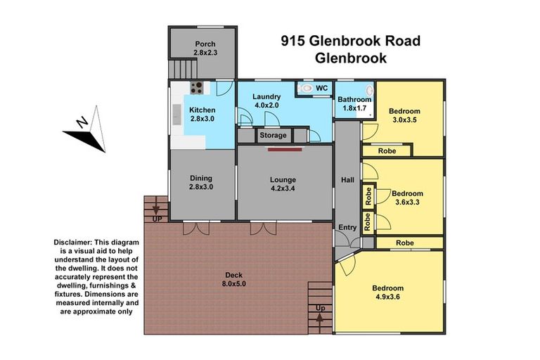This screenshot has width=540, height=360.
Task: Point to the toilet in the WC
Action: coord(307,89)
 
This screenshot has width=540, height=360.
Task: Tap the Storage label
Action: coord(273,135)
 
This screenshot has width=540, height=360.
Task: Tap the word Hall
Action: coord(347,180)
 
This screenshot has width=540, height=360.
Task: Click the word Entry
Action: coord(347,227)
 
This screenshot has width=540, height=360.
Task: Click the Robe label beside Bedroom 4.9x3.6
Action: coord(404,243)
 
